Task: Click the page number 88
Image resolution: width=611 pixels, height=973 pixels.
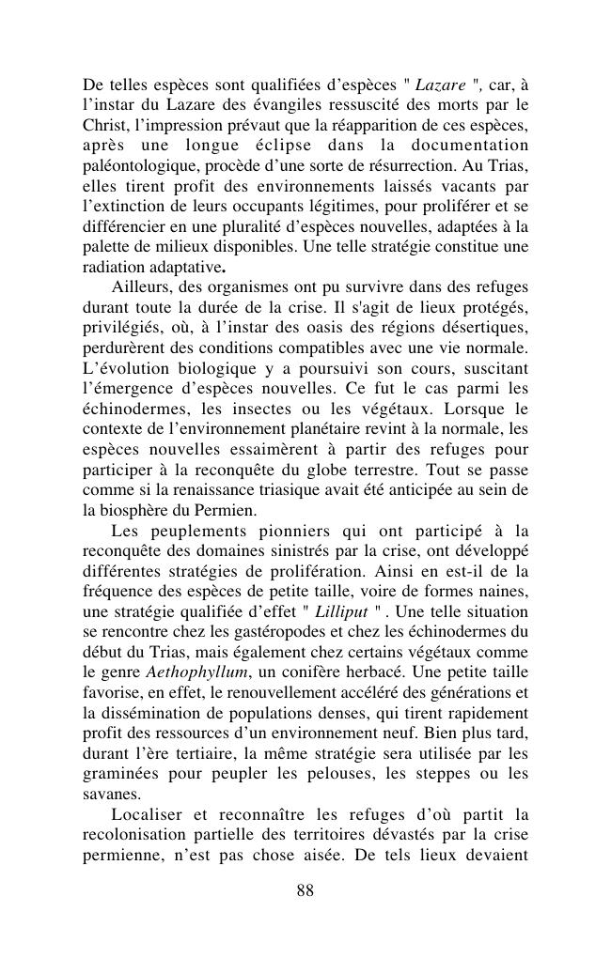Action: click(305, 890)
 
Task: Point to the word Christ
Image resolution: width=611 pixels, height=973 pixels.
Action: click(104, 125)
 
